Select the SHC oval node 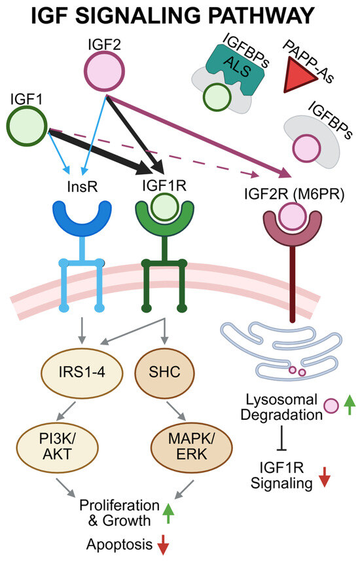[164, 372]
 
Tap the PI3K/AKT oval [58, 447]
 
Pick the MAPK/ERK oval [192, 447]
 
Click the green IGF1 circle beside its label [27, 126]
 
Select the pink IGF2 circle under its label [104, 71]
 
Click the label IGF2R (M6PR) [294, 195]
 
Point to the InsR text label [82, 187]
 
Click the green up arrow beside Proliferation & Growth [168, 514]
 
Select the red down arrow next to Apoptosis [163, 544]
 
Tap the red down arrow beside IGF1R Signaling [325, 477]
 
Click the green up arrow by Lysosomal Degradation [350, 404]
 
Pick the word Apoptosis [120, 545]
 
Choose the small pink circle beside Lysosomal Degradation [331, 406]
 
